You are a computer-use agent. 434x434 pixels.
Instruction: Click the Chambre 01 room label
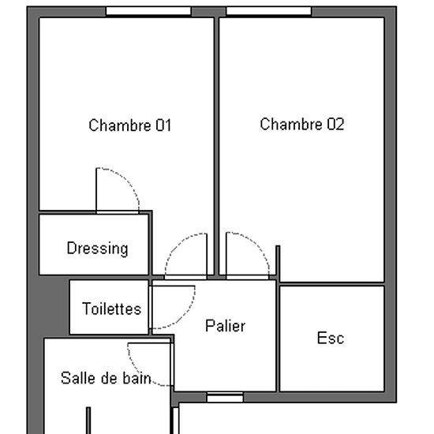(x=130, y=125)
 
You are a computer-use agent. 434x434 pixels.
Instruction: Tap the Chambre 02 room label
(x=302, y=124)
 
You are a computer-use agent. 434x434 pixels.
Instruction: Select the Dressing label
(x=97, y=249)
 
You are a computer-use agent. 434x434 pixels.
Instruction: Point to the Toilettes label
(x=111, y=309)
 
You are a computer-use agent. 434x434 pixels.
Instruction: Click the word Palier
(x=226, y=326)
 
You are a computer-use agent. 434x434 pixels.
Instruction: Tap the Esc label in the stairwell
(x=331, y=338)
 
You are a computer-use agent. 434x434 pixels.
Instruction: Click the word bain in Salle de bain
(x=137, y=378)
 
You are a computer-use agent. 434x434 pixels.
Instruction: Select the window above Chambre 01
(x=148, y=11)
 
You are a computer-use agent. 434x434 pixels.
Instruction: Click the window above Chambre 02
(x=269, y=11)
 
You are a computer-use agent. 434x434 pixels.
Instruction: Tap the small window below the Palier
(x=225, y=397)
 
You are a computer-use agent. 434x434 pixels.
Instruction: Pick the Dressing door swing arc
(x=129, y=181)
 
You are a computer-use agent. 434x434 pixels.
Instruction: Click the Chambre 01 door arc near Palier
(x=174, y=245)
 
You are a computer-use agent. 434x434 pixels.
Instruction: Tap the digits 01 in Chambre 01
(x=163, y=125)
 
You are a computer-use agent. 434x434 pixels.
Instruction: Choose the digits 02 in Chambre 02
(x=335, y=124)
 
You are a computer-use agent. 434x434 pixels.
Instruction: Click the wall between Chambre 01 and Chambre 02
(x=216, y=146)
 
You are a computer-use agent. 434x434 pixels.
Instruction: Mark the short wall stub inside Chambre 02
(x=278, y=263)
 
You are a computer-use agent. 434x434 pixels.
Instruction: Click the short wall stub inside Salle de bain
(x=88, y=420)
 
